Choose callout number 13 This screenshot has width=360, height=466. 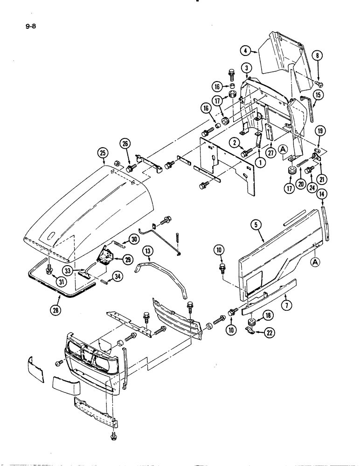[148, 252]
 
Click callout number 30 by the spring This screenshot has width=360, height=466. [134, 239]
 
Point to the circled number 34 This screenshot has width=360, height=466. [118, 278]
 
